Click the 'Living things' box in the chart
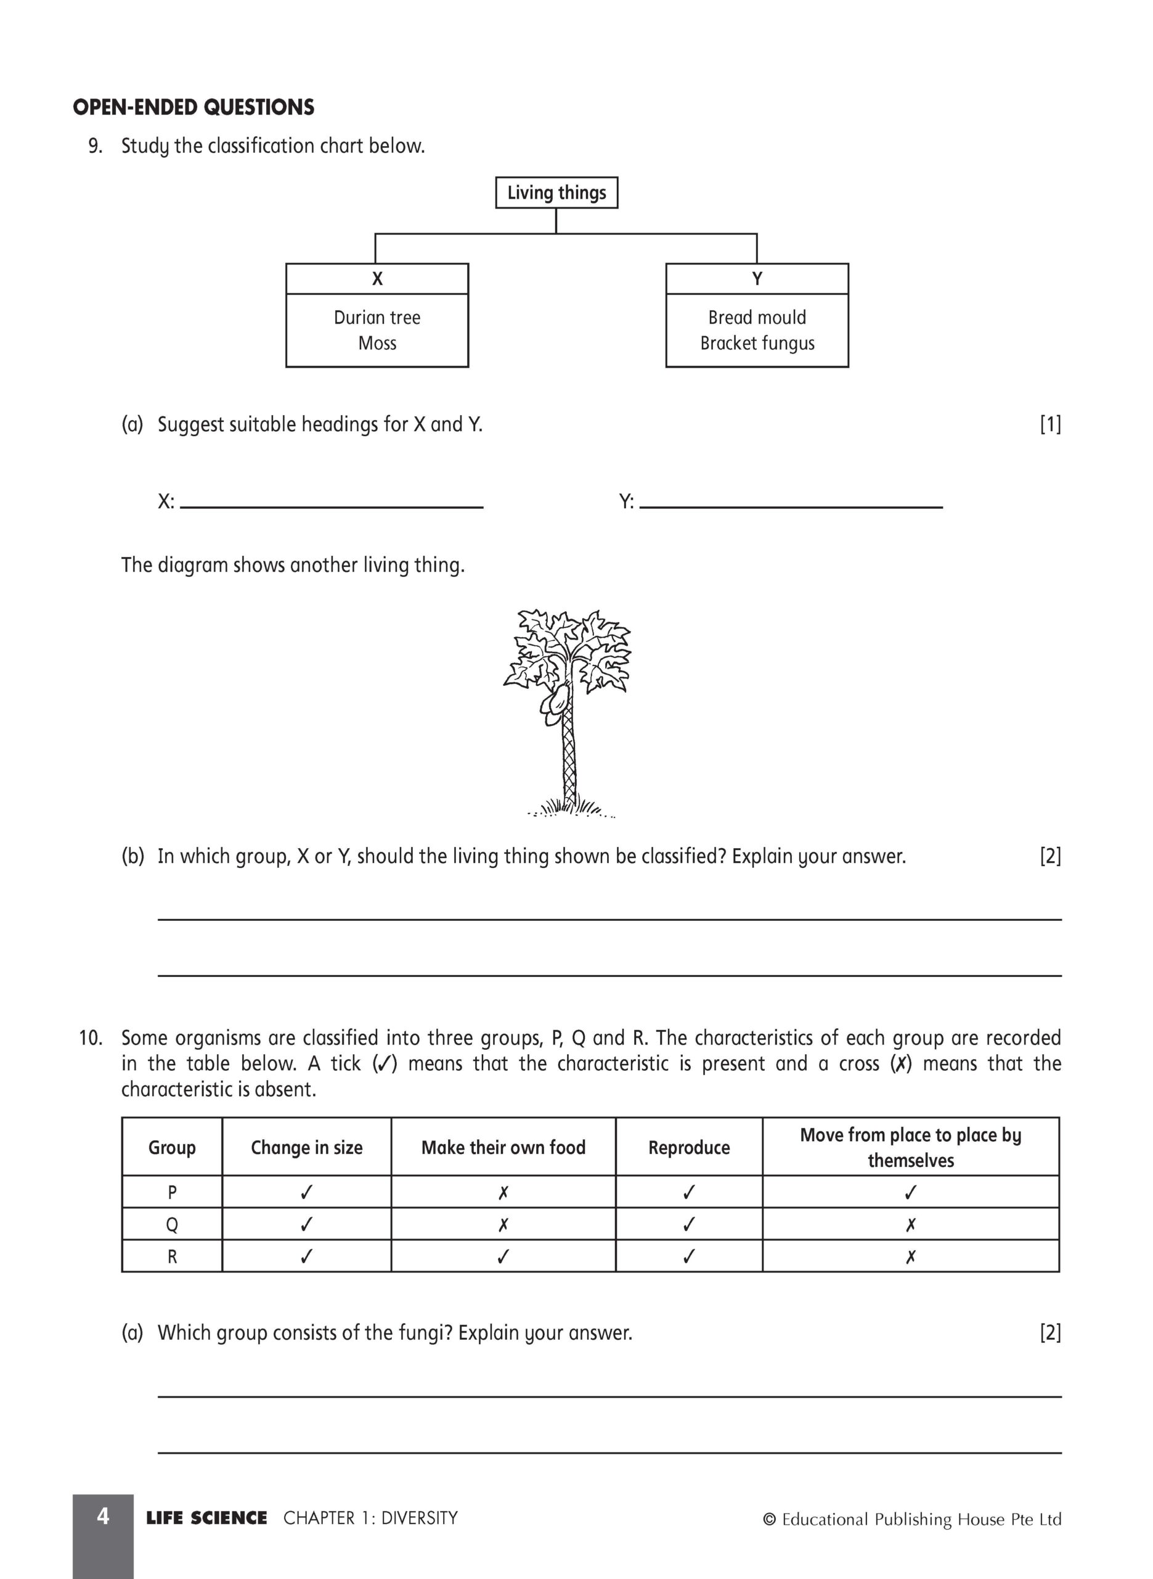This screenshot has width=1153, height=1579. click(x=556, y=192)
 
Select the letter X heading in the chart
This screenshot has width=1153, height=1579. click(x=377, y=279)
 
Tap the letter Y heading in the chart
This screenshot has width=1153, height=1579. click(x=757, y=279)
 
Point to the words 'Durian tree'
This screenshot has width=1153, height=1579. click(x=377, y=318)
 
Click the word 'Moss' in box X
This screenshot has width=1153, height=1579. click(x=377, y=344)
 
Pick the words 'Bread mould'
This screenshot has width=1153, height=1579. click(x=757, y=318)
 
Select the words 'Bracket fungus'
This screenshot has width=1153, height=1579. click(x=757, y=344)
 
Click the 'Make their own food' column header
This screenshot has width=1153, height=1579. click(x=503, y=1147)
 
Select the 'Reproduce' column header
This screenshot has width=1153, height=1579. click(x=689, y=1147)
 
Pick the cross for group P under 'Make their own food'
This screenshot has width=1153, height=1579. click(x=503, y=1193)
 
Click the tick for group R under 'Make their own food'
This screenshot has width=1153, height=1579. click(x=503, y=1257)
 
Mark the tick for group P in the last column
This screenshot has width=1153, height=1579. click(x=910, y=1193)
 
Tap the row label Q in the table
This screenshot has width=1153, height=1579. click(x=172, y=1225)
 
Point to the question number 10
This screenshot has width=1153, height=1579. click(x=90, y=1038)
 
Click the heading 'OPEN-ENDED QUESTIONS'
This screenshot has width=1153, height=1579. click(x=194, y=107)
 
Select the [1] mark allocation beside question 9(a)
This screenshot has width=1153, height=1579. click(x=1049, y=424)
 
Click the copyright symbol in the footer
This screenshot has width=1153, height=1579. click(x=770, y=1520)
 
